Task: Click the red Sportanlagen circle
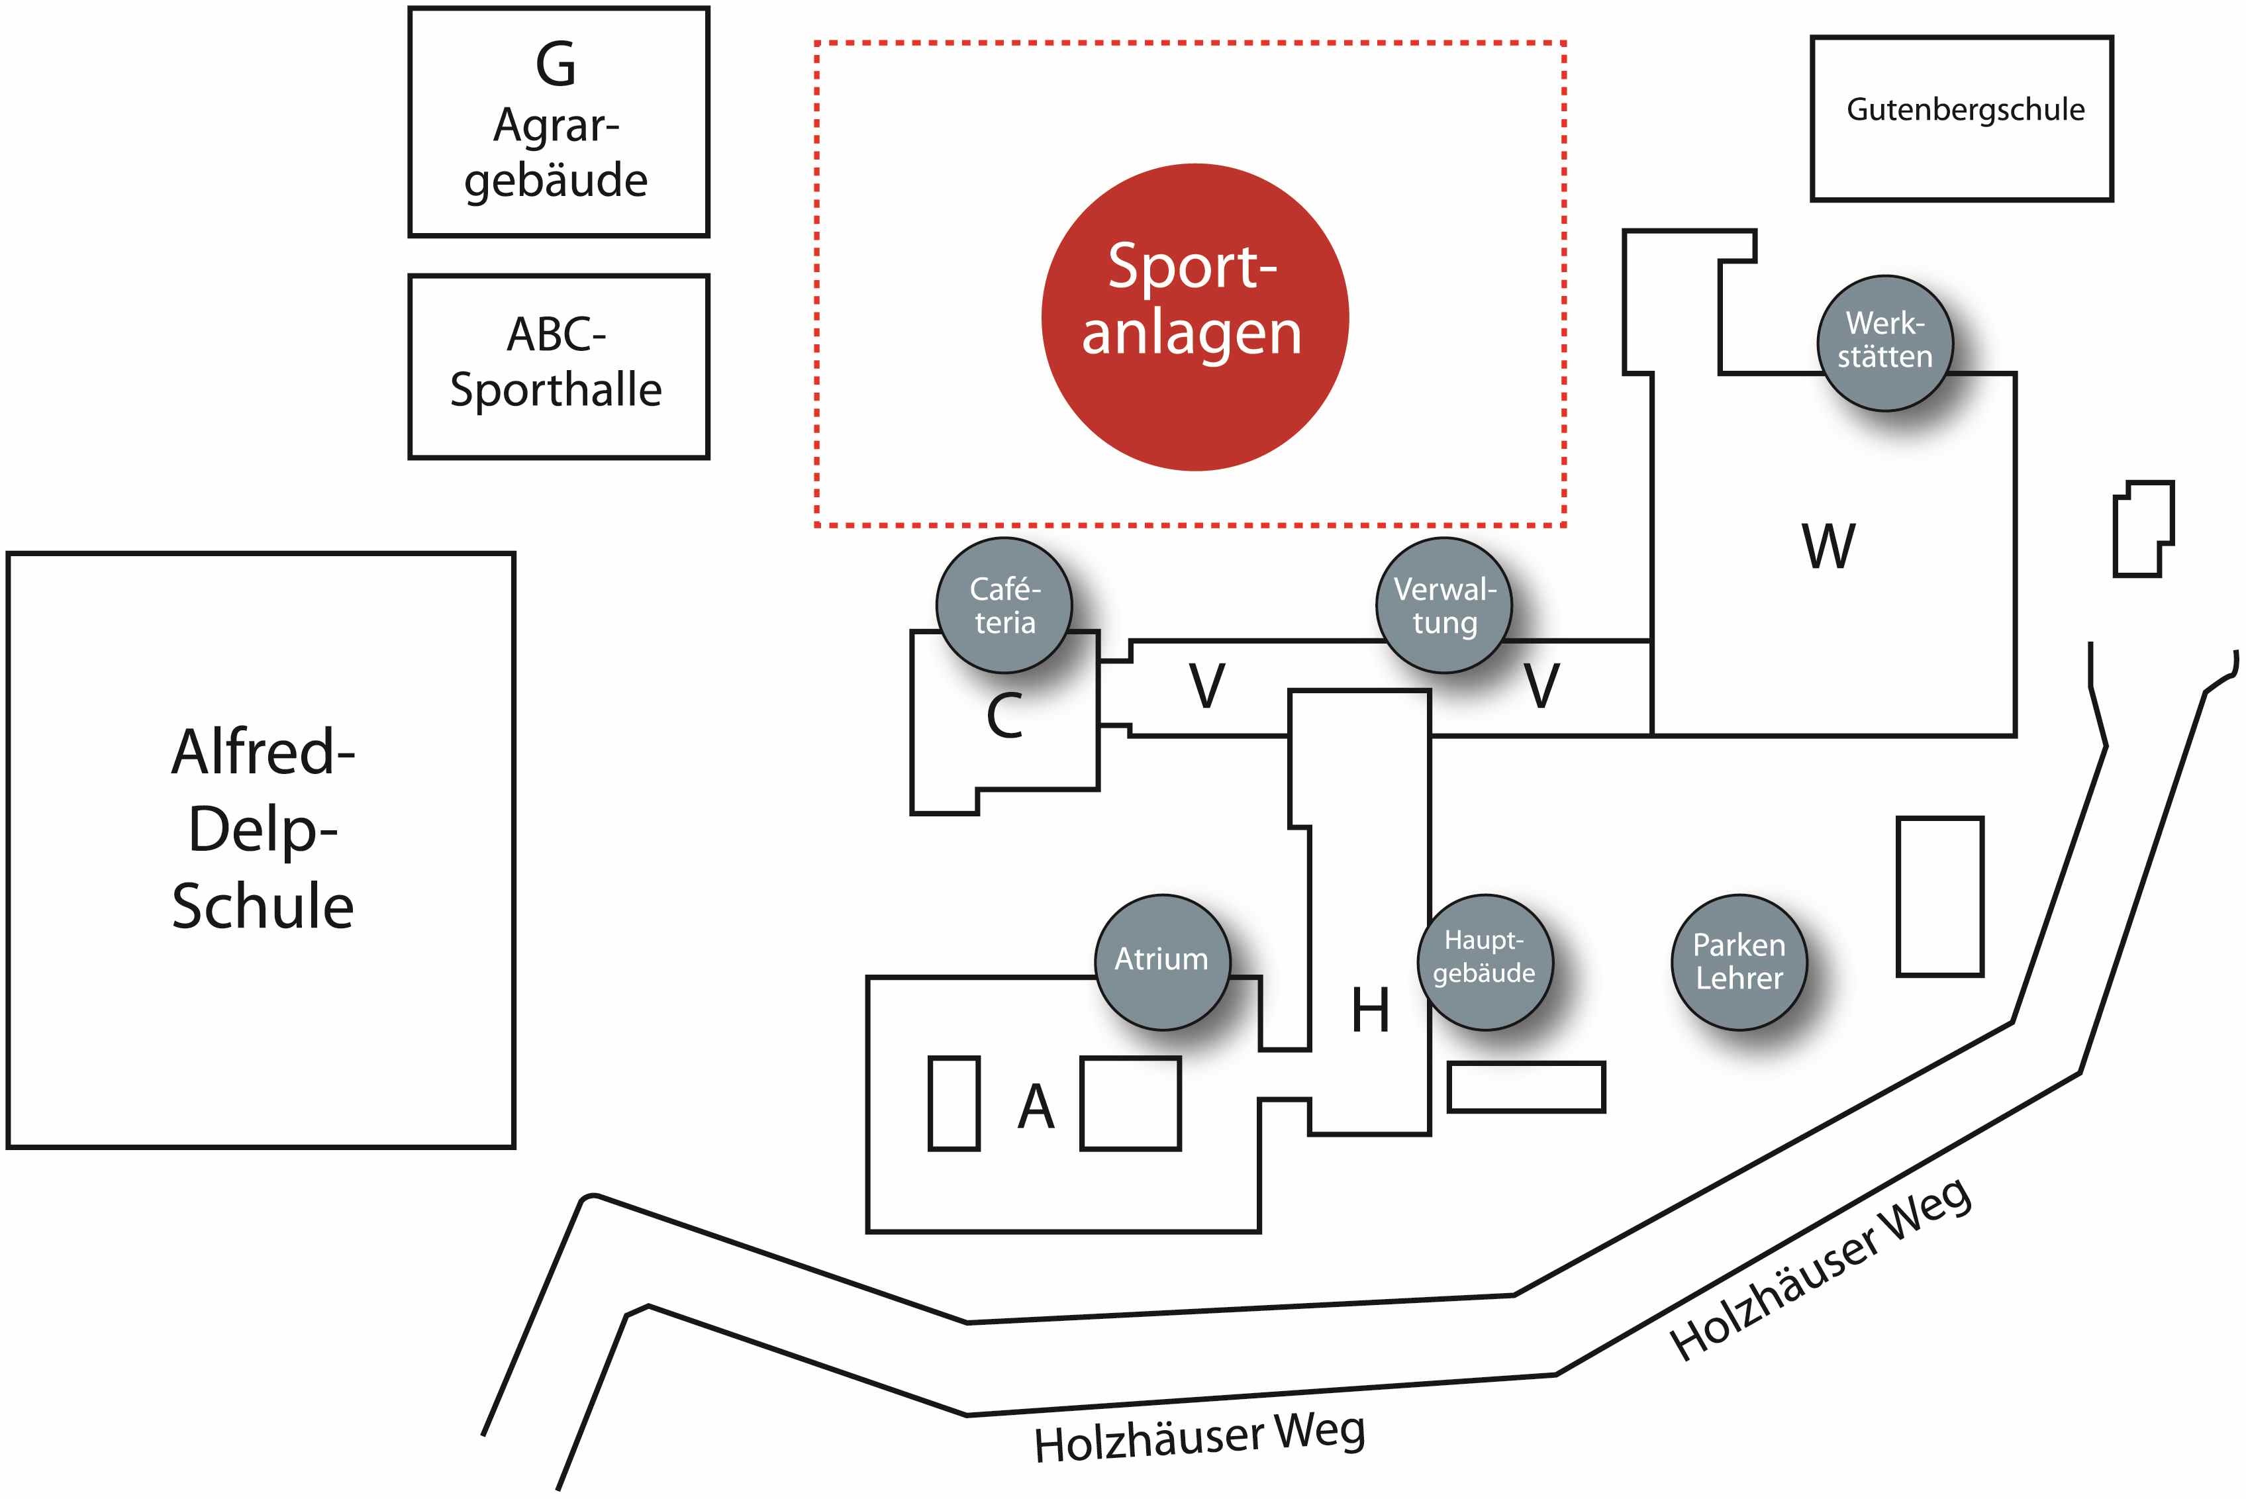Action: (x=1195, y=316)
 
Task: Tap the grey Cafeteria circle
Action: (x=1004, y=605)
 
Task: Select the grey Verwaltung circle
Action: (x=1443, y=605)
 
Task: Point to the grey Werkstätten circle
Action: (x=1884, y=343)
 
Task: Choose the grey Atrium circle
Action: (x=1161, y=962)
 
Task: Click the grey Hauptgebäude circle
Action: (x=1485, y=962)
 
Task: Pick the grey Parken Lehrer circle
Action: (x=1739, y=962)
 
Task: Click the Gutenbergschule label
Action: (x=1965, y=111)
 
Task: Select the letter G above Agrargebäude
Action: (x=556, y=65)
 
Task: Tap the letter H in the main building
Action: (x=1370, y=1010)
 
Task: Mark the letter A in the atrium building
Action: (x=1036, y=1107)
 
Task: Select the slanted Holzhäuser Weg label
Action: (x=1822, y=1269)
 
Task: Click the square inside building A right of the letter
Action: (x=1130, y=1103)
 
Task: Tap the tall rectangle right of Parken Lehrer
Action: (x=1940, y=896)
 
